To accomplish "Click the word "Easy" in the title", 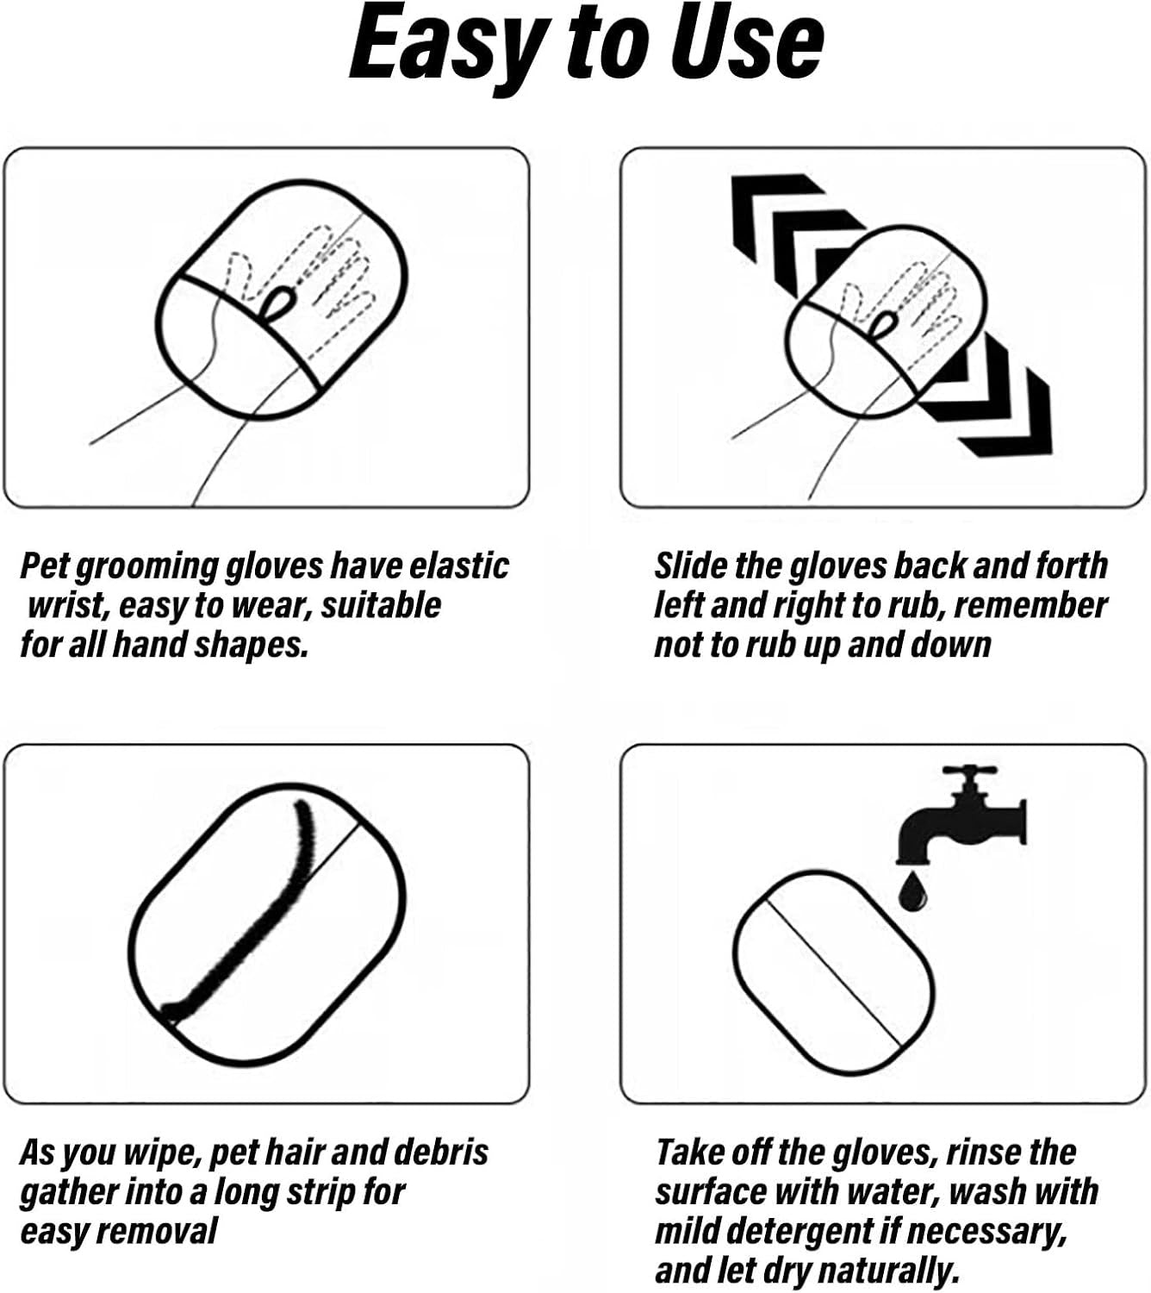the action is point(445,45).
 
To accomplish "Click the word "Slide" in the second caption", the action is point(690,566).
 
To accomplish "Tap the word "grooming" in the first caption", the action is point(147,567).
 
